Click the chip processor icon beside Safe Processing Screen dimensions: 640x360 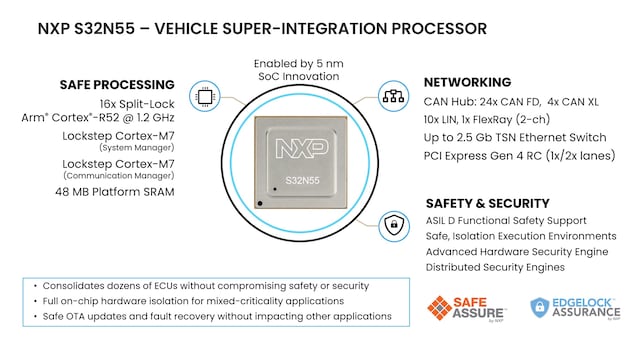coord(205,97)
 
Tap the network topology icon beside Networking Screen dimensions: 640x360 coord(393,96)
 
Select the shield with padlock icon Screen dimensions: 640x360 coord(394,226)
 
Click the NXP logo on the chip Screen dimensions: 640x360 coord(302,148)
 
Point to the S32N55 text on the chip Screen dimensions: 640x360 coord(302,180)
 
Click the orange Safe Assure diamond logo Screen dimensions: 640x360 coord(439,308)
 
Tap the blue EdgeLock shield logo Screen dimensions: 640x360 coord(539,307)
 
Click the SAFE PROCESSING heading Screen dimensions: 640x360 coord(117,85)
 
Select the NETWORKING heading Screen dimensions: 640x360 coord(467,82)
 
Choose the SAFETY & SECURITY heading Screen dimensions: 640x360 coord(488,203)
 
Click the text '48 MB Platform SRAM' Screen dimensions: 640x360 coord(115,192)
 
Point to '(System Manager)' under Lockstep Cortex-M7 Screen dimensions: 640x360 coord(137,148)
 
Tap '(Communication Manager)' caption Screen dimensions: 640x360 coord(119,176)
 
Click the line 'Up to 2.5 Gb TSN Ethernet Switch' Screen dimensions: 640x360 coord(515,138)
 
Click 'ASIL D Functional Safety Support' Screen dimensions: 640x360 coord(506,221)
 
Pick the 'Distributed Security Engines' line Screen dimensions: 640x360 coord(495,267)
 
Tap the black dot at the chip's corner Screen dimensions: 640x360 coord(260,203)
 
